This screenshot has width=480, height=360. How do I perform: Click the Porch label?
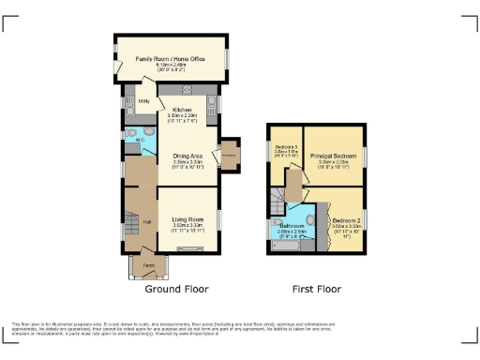[x=148, y=267]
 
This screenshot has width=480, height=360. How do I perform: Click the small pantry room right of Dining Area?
[x=228, y=153]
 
